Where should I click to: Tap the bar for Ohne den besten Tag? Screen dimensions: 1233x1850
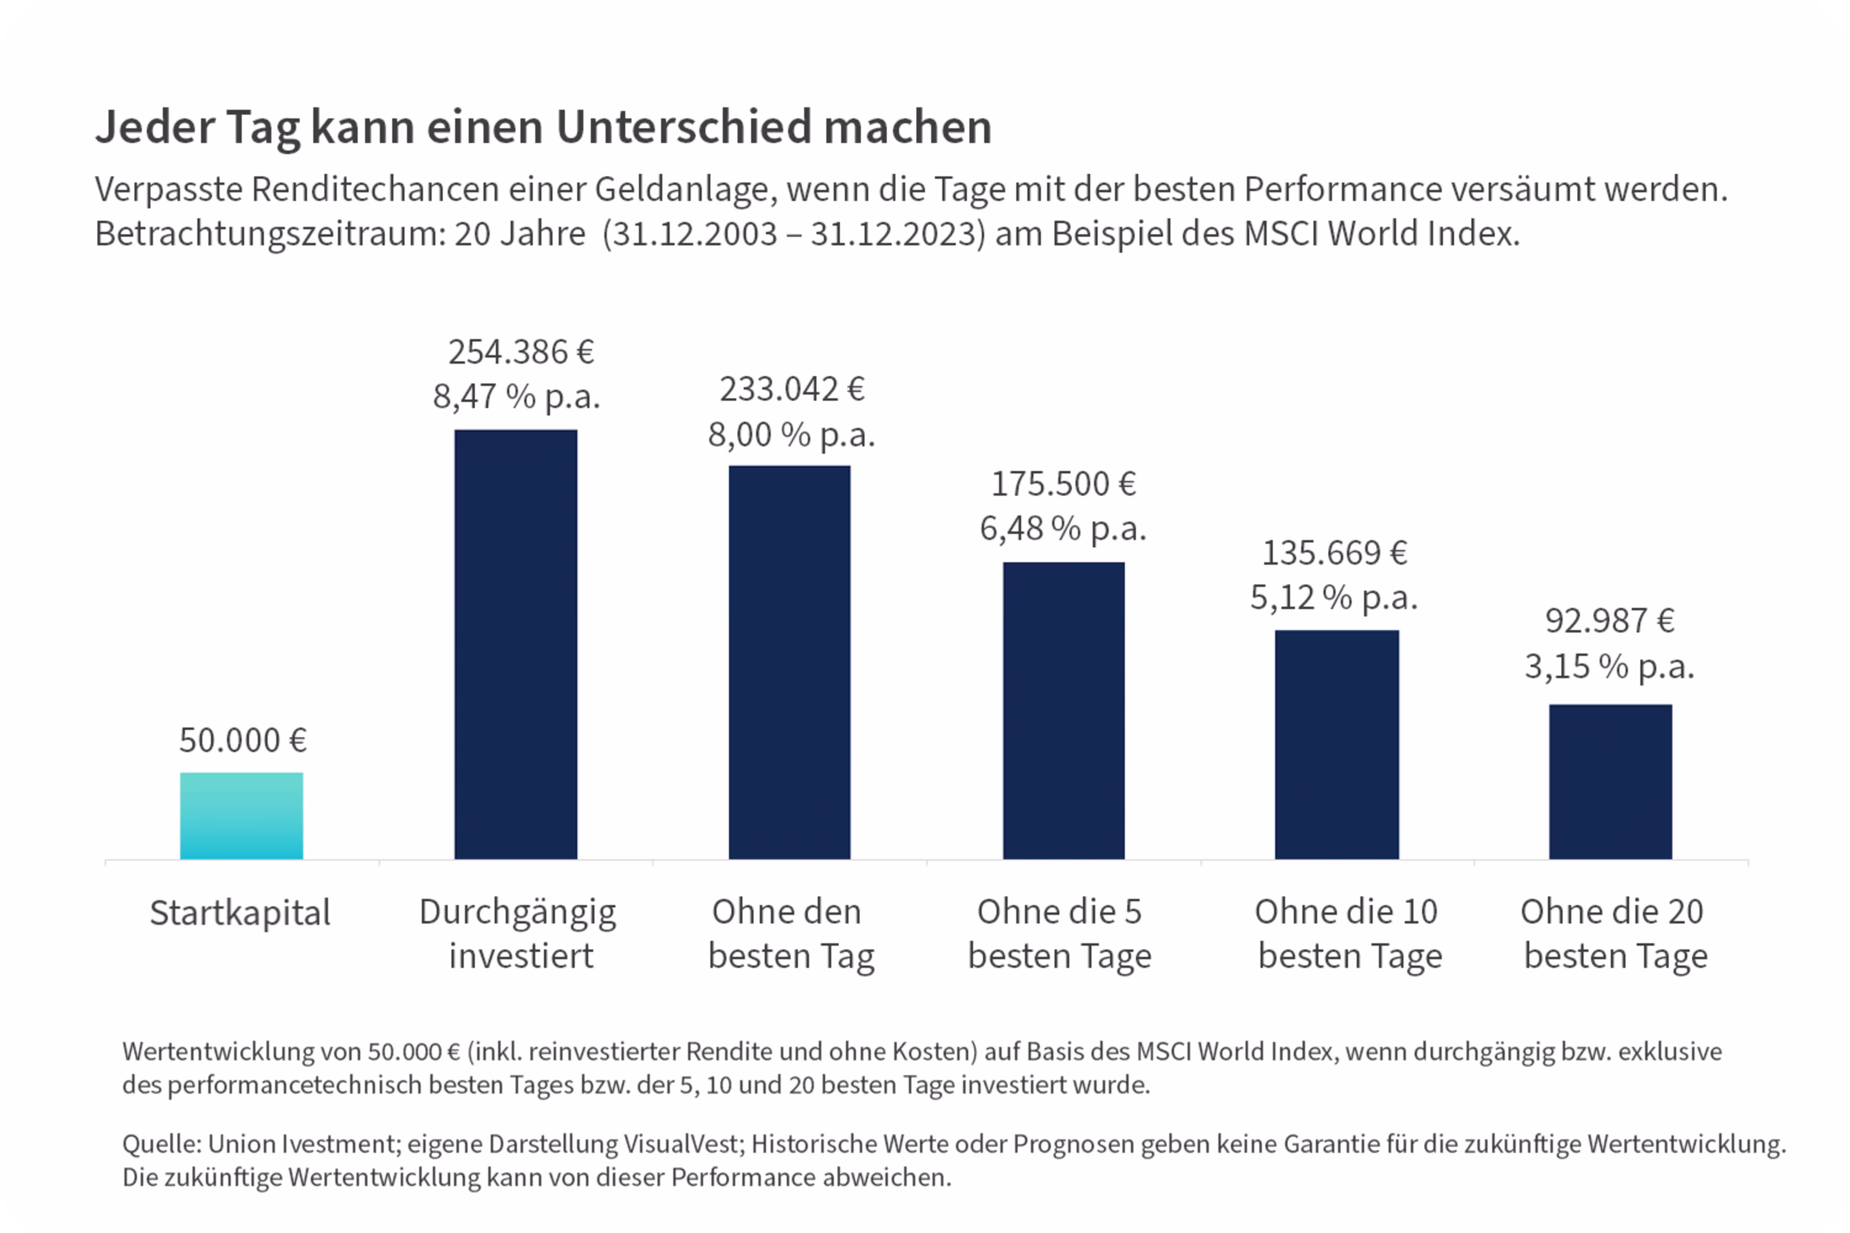(789, 662)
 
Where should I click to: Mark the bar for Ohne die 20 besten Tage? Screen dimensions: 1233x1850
(1610, 782)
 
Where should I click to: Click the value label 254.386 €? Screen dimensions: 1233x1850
(521, 352)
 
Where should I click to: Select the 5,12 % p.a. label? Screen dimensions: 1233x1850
(1334, 598)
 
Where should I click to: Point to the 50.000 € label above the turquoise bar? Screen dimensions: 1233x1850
(242, 740)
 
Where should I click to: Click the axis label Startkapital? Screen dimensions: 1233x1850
(240, 913)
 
